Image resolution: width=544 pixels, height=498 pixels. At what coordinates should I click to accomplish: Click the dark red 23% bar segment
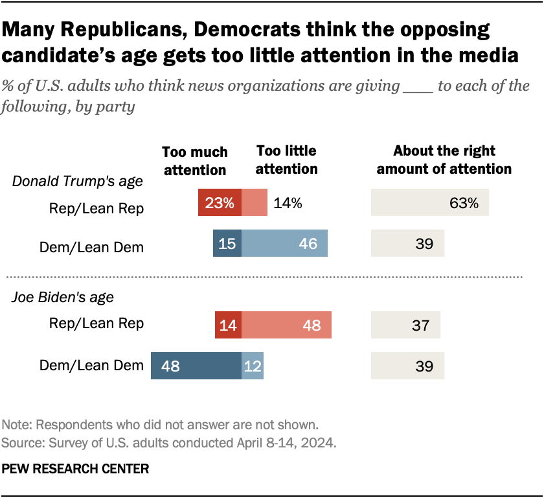pyautogui.click(x=220, y=202)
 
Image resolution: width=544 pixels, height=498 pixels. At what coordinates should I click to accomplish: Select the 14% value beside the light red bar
pyautogui.click(x=287, y=203)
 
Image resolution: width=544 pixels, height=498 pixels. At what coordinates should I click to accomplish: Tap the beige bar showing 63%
pyautogui.click(x=429, y=203)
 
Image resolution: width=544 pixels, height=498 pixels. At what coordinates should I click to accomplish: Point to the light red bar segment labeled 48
pyautogui.click(x=286, y=325)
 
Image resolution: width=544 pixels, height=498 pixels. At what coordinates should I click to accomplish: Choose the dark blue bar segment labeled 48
pyautogui.click(x=196, y=366)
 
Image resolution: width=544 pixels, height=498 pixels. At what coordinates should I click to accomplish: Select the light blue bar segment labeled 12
pyautogui.click(x=253, y=366)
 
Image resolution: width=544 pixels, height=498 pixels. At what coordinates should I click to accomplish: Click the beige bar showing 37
pyautogui.click(x=405, y=325)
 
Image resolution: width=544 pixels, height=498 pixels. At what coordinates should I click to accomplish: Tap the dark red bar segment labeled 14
pyautogui.click(x=229, y=325)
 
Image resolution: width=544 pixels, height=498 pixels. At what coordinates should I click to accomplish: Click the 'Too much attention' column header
pyautogui.click(x=194, y=161)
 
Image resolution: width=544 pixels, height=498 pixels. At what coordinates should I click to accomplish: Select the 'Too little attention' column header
pyautogui.click(x=287, y=160)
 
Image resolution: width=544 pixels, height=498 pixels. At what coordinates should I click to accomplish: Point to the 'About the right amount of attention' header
pyautogui.click(x=444, y=160)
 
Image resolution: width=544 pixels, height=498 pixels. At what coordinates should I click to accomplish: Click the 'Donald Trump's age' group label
pyautogui.click(x=78, y=182)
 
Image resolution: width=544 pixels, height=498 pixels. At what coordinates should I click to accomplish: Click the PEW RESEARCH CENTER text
pyautogui.click(x=75, y=468)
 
